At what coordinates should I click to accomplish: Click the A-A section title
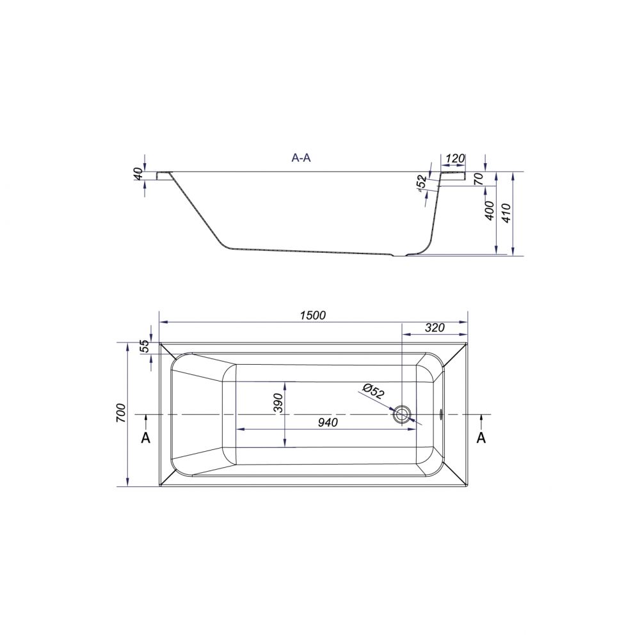click(x=301, y=158)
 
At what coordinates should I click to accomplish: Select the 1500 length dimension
click(x=313, y=315)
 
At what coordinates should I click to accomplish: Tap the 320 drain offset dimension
click(x=435, y=327)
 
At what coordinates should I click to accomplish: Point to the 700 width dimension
click(x=121, y=412)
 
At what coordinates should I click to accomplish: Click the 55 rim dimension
click(x=145, y=347)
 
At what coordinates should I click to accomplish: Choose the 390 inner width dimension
click(x=278, y=403)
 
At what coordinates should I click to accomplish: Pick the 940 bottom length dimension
click(x=328, y=422)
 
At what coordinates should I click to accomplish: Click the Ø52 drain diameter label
click(x=372, y=392)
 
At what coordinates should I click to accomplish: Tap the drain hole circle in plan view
click(x=403, y=414)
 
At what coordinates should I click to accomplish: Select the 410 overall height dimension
click(x=506, y=212)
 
